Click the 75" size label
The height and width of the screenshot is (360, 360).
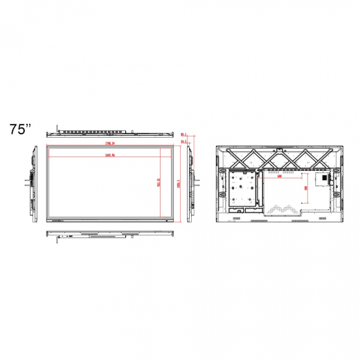[x=21, y=129]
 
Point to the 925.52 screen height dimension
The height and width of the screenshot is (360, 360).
[x=159, y=183]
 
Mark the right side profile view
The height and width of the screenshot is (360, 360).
[x=194, y=183]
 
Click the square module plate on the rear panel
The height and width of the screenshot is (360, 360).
[x=243, y=188]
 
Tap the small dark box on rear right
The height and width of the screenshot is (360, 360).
[x=321, y=179]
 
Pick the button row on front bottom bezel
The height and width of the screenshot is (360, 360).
[x=55, y=221]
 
